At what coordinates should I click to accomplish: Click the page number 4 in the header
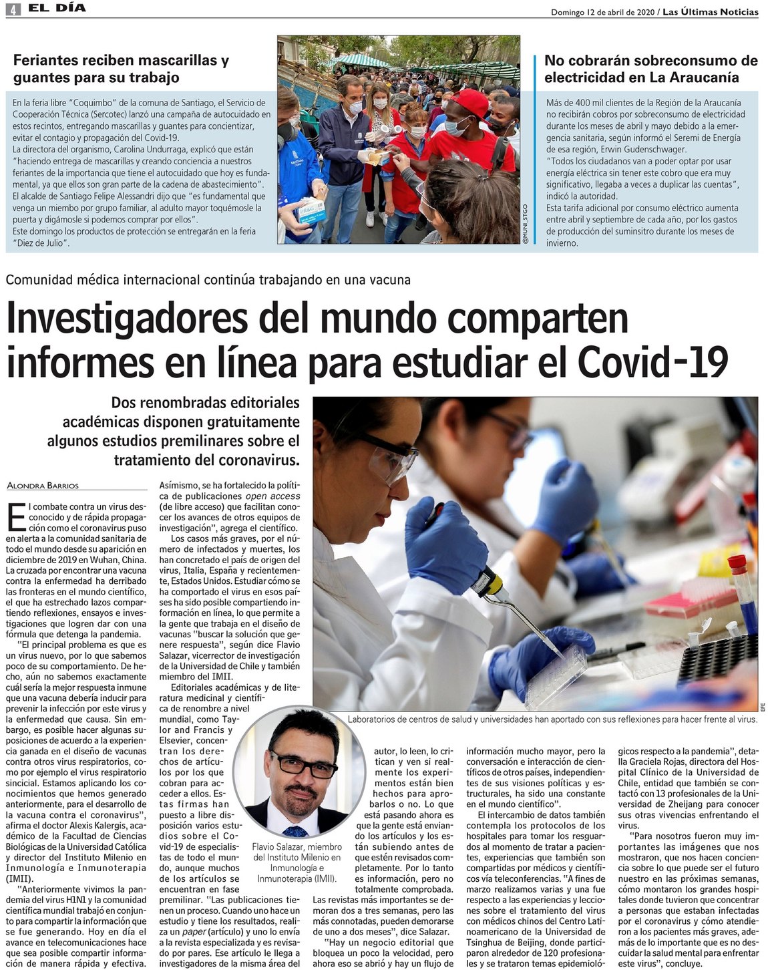13,9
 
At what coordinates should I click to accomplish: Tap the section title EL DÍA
57,8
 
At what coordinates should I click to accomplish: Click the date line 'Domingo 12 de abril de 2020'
602,12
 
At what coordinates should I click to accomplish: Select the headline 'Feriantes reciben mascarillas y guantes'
121,69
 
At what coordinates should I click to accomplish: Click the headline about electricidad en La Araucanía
650,69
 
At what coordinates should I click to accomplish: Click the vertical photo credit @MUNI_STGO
526,224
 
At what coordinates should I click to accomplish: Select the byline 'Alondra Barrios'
43,486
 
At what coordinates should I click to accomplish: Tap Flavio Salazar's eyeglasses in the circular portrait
303,765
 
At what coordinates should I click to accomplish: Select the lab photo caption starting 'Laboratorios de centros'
552,719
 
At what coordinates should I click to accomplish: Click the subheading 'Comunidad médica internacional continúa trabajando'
208,280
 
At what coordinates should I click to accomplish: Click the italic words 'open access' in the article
272,496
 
